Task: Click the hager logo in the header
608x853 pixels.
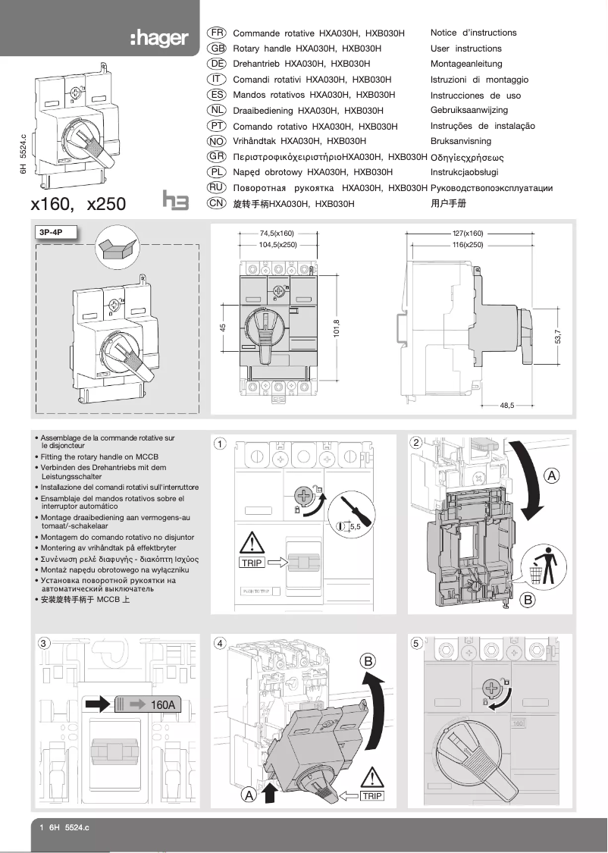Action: (x=158, y=38)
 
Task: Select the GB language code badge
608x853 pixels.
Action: (x=217, y=49)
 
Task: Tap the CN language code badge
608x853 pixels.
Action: (x=217, y=203)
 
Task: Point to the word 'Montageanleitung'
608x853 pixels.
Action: (x=466, y=64)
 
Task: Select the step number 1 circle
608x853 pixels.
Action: (x=219, y=444)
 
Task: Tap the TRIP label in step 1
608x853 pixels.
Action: (x=252, y=563)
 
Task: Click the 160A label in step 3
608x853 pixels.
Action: (x=162, y=704)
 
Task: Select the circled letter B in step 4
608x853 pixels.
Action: (x=368, y=661)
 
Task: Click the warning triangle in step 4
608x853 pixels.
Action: (x=372, y=777)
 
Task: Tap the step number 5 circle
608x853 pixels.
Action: (x=415, y=644)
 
